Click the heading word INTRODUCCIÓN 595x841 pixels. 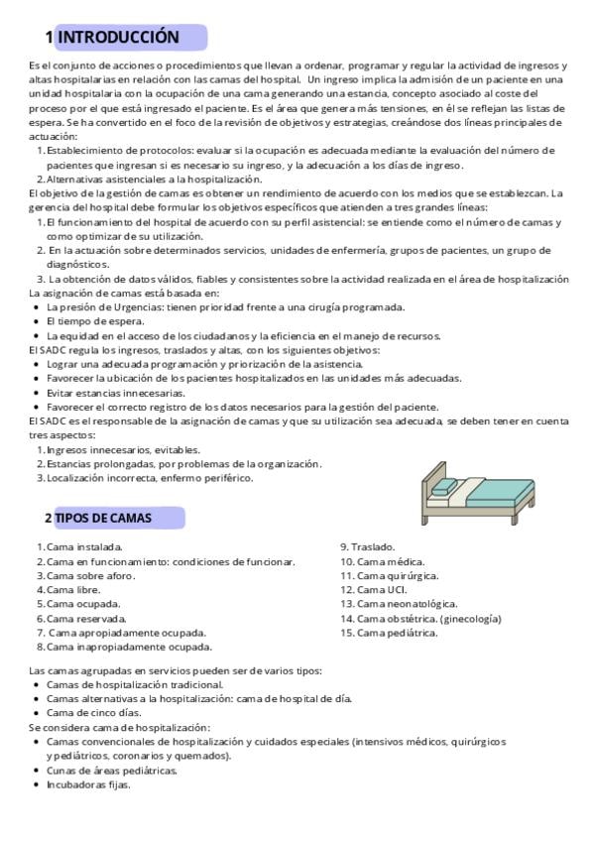(x=119, y=38)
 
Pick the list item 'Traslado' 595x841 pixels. (x=368, y=546)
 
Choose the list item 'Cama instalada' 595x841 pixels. (x=84, y=546)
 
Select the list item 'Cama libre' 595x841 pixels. (x=73, y=589)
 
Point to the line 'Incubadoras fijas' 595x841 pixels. (x=88, y=784)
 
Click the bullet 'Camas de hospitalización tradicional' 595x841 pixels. (x=135, y=684)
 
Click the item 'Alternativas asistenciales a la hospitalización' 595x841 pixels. (x=154, y=180)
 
